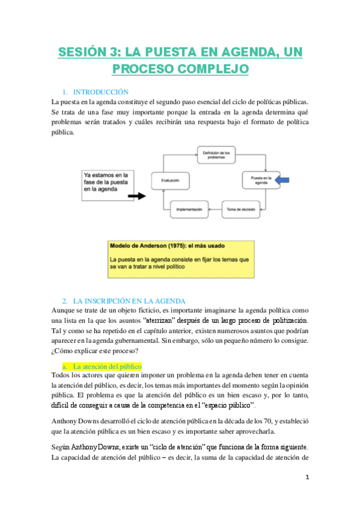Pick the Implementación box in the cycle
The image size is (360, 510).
click(189, 209)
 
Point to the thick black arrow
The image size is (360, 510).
click(137, 195)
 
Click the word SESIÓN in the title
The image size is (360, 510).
click(84, 53)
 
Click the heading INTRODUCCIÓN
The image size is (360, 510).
click(101, 92)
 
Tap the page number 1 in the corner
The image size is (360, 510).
click(307, 478)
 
